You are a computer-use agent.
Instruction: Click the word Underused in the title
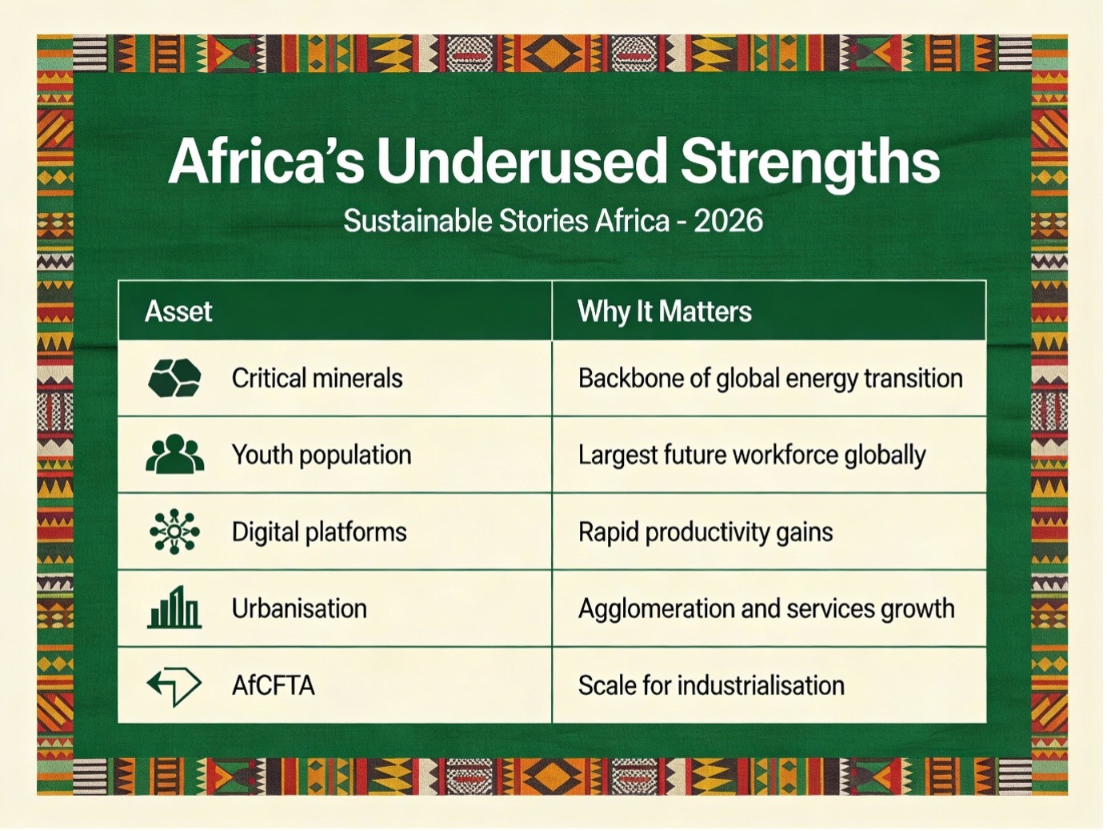point(522,162)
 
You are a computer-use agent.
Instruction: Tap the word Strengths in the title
point(809,162)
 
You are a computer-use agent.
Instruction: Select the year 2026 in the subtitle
point(728,221)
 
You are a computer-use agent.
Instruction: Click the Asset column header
point(178,311)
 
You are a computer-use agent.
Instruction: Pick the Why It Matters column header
point(664,311)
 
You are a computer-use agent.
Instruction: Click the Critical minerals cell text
point(317,378)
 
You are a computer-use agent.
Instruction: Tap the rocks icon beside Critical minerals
point(174,378)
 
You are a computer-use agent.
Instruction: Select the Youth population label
point(321,455)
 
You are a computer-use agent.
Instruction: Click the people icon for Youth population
point(174,454)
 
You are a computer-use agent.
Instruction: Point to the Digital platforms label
point(318,532)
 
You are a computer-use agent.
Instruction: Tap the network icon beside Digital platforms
point(174,532)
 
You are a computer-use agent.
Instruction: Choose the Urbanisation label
point(299,608)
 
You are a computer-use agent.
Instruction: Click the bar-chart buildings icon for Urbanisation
point(174,608)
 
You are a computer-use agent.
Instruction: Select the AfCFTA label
point(273,685)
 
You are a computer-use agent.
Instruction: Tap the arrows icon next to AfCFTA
point(174,685)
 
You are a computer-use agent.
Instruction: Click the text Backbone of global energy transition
point(769,378)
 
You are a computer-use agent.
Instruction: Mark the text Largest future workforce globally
point(751,455)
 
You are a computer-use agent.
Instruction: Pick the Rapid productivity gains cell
point(705,532)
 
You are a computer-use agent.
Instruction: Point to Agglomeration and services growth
point(765,608)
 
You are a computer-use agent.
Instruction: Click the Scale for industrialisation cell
point(710,685)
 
